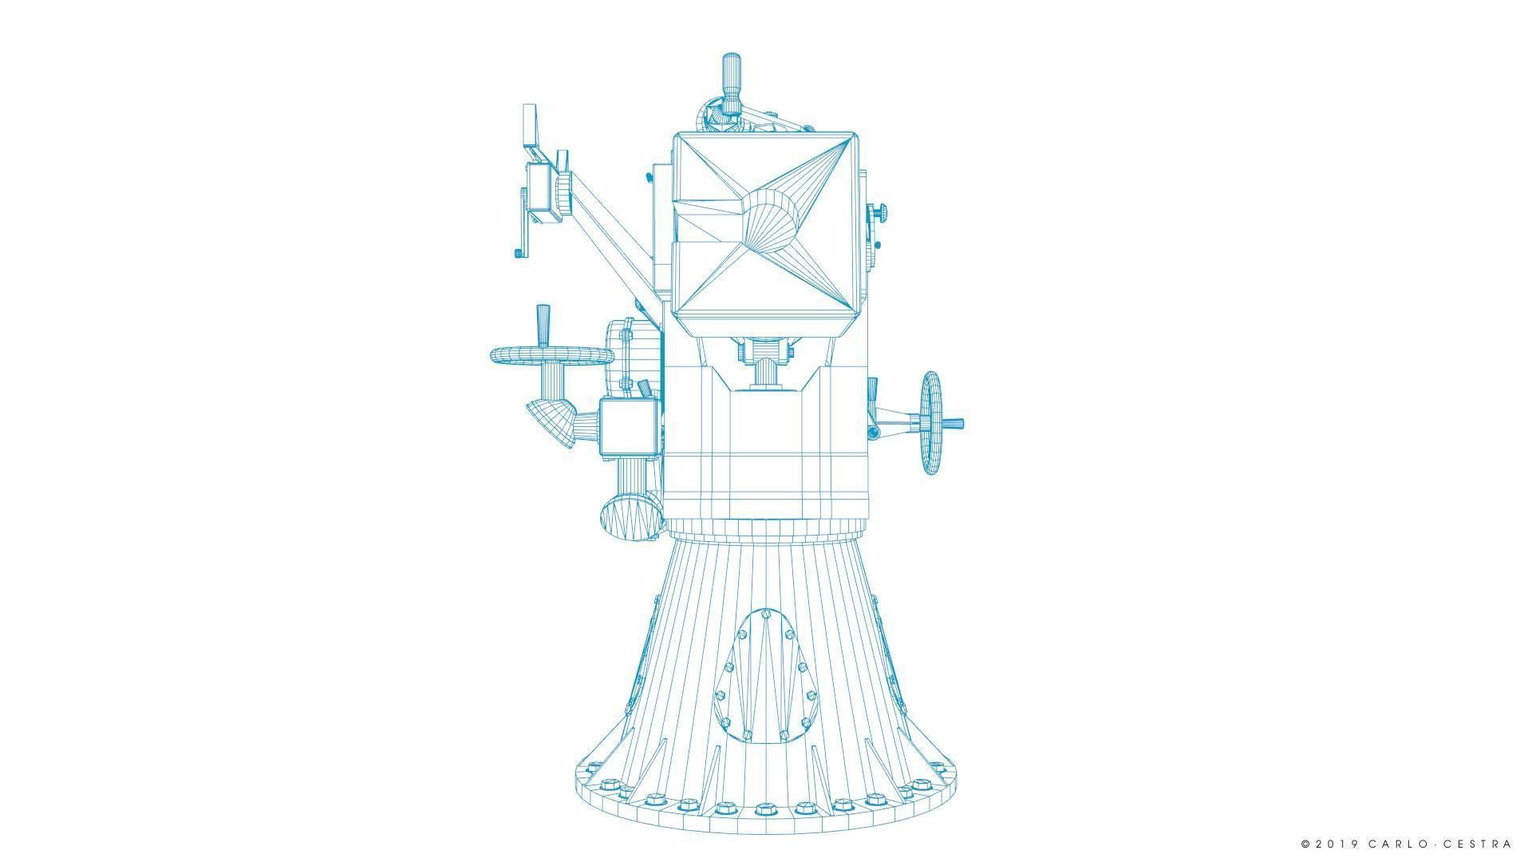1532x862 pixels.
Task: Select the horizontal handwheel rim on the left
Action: click(551, 356)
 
